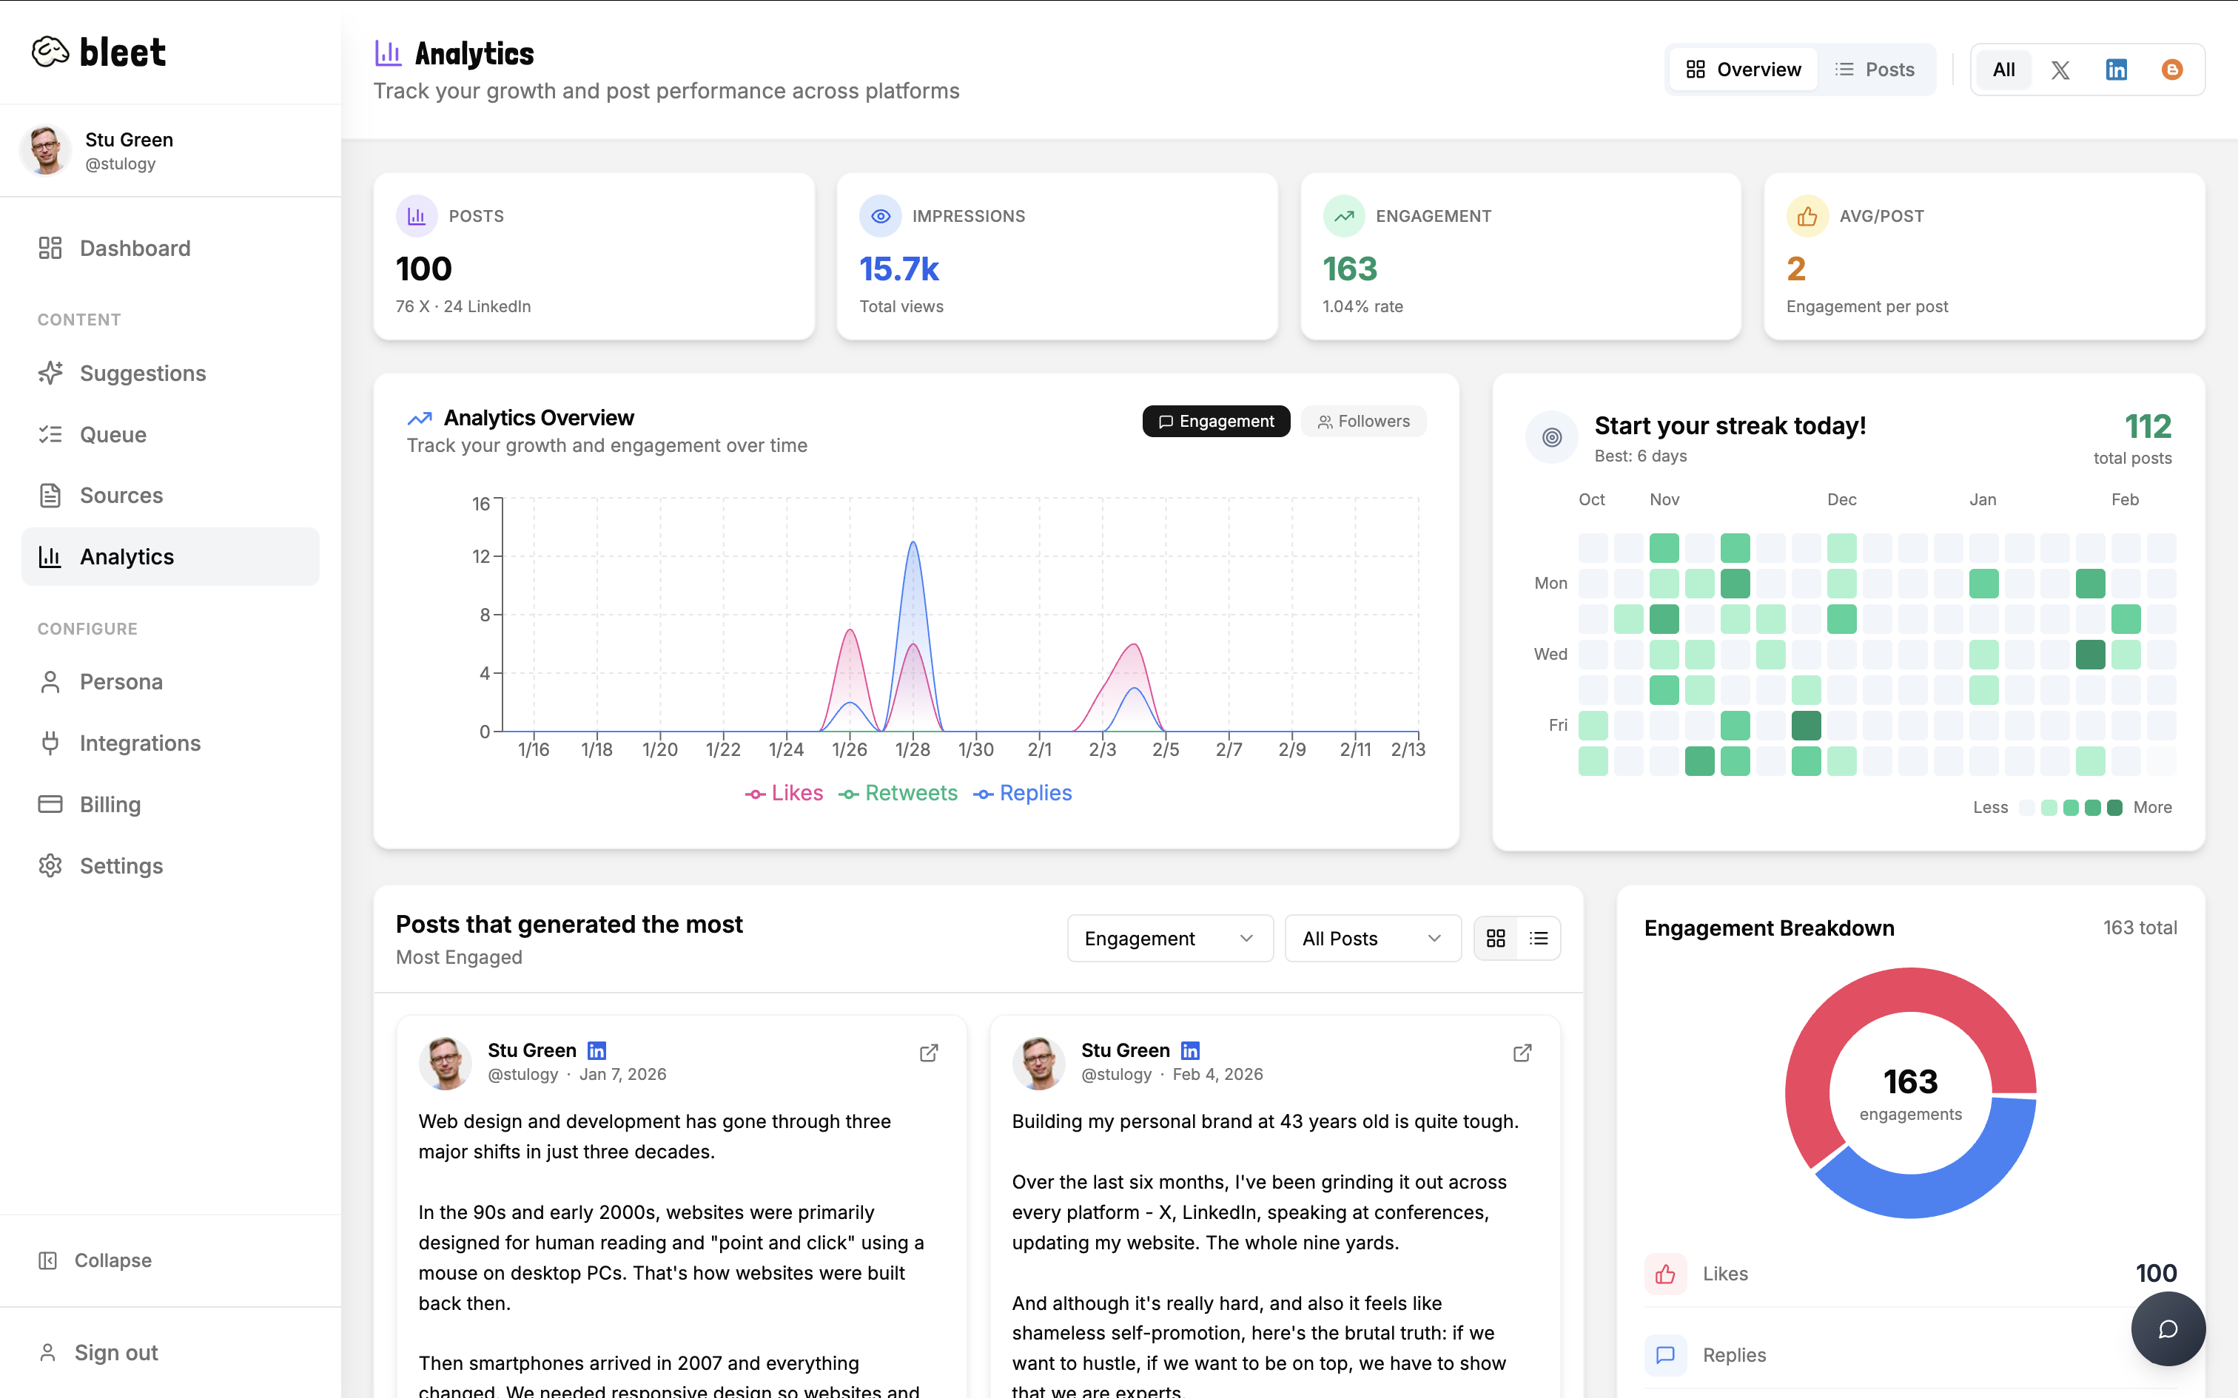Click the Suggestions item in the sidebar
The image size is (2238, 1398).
pos(142,374)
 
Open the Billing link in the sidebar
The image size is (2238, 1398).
pos(110,805)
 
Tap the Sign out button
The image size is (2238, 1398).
pos(115,1353)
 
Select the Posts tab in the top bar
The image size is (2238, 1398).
pos(1875,70)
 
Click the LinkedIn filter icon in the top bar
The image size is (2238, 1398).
pos(2116,70)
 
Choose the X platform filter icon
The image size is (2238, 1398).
pos(2060,70)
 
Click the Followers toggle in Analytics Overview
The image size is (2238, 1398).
pos(1363,422)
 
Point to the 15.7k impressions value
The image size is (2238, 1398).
pos(899,269)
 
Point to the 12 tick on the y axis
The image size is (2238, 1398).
pos(481,556)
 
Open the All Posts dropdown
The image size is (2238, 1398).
pos(1371,939)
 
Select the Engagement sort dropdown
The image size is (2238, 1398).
pos(1169,939)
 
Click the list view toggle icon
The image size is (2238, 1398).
pos(1539,939)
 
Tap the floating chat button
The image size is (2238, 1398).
pos(2168,1328)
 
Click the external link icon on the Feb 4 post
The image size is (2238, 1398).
pos(1522,1053)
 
